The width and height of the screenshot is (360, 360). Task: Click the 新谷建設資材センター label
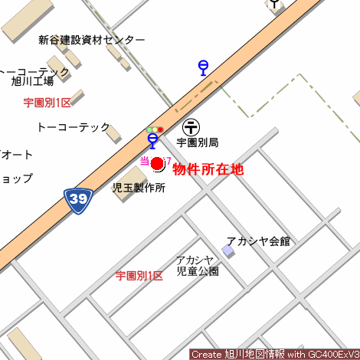click(x=92, y=40)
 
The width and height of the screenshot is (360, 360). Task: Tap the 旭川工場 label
click(x=32, y=81)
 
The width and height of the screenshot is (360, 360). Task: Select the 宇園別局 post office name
click(x=198, y=142)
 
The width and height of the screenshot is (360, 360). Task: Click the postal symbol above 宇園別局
click(x=192, y=126)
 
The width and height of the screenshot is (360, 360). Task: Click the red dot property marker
click(x=157, y=163)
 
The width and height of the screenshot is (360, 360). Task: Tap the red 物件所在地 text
click(x=208, y=169)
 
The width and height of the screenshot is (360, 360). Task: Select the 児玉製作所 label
click(x=139, y=188)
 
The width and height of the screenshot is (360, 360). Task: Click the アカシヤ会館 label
click(x=258, y=241)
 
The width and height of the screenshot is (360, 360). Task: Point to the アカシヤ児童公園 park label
click(x=197, y=265)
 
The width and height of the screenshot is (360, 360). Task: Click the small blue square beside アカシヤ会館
click(x=227, y=251)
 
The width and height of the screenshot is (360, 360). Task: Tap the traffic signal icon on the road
click(x=155, y=129)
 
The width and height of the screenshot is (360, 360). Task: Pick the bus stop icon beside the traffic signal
click(x=152, y=140)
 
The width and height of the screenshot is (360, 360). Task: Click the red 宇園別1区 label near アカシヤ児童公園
click(x=139, y=276)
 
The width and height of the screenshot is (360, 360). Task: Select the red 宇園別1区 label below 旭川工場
click(x=47, y=103)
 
